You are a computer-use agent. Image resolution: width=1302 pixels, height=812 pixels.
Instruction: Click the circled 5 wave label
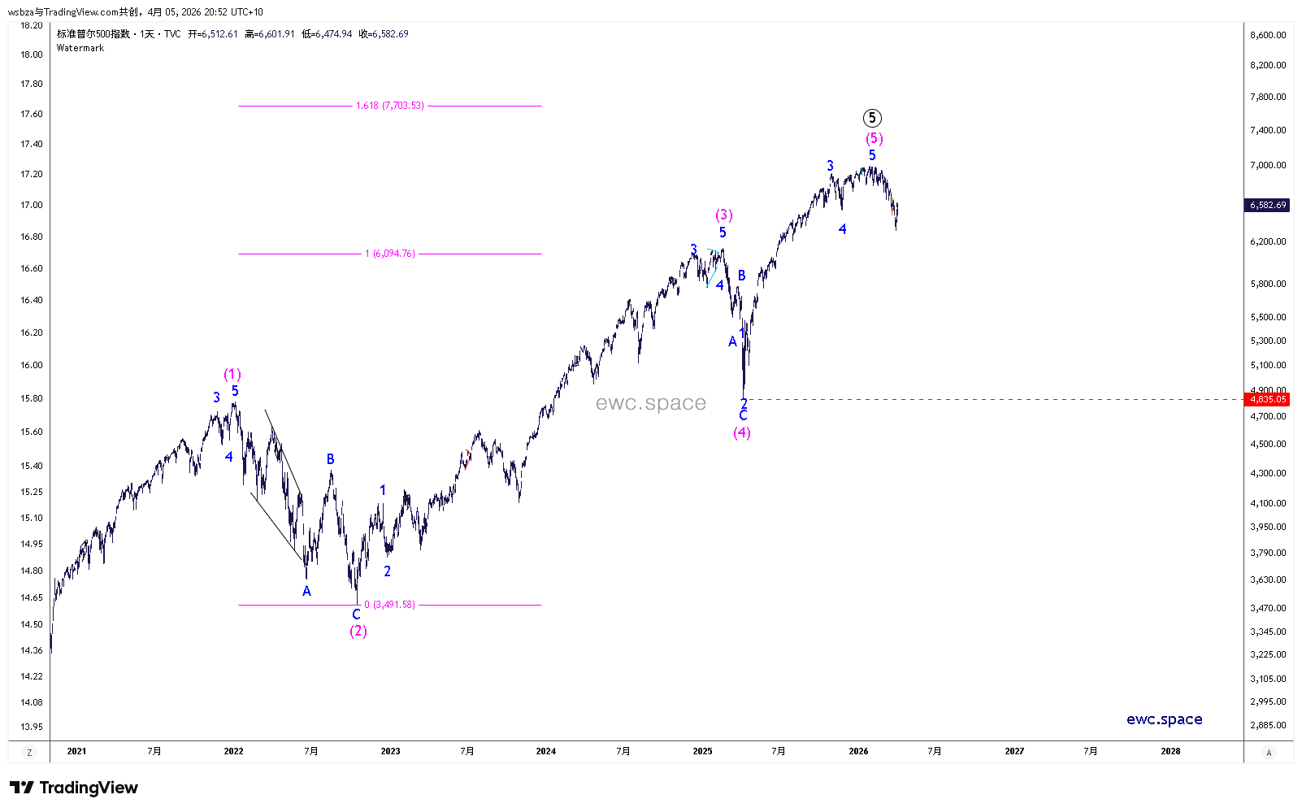[x=872, y=118]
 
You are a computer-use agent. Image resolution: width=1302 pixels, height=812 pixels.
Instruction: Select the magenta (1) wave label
[x=232, y=375]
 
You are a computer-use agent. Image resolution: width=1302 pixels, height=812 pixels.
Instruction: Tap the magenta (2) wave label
[x=358, y=632]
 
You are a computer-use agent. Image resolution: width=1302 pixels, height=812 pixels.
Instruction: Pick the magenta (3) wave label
[x=724, y=215]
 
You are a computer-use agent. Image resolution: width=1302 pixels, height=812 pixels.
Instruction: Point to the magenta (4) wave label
[x=742, y=433]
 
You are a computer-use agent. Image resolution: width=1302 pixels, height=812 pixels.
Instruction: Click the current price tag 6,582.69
[x=1268, y=205]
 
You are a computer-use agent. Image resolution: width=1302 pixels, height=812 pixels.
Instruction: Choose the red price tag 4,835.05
[x=1268, y=399]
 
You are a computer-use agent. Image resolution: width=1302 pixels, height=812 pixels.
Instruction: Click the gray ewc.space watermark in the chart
[x=650, y=403]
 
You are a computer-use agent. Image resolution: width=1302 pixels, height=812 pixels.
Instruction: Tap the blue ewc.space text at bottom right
[x=1164, y=719]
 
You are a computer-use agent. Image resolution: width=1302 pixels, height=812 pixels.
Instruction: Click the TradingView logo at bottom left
[x=74, y=788]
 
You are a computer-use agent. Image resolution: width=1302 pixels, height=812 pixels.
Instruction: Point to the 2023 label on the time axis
[x=390, y=751]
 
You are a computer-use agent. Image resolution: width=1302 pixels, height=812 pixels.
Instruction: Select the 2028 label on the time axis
[x=1170, y=751]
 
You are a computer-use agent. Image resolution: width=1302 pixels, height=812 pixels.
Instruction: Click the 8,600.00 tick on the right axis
[x=1268, y=35]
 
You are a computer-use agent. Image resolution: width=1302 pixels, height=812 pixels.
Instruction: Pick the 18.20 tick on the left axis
[x=32, y=25]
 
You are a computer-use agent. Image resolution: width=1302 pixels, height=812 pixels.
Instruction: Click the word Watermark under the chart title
[x=80, y=48]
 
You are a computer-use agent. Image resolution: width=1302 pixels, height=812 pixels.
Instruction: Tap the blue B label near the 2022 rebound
[x=331, y=459]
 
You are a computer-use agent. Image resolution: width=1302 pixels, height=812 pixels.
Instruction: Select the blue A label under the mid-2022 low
[x=306, y=592]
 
